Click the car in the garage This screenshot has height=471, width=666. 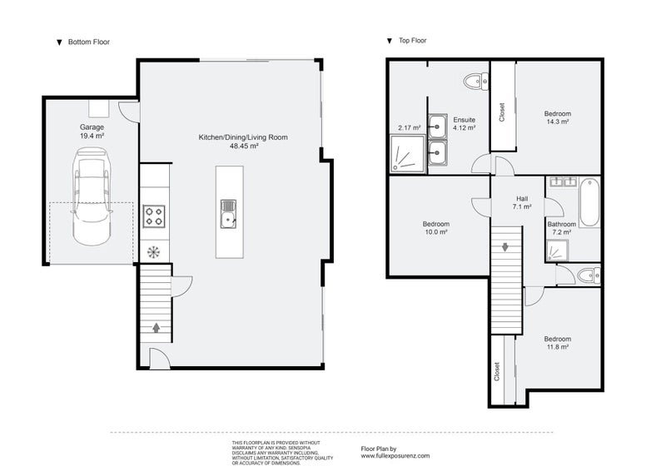[92, 196]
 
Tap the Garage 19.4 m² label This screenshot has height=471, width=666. [92, 131]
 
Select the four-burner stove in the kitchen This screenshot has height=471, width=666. [154, 216]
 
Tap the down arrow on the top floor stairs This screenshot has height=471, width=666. [505, 247]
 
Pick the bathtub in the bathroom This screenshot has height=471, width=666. [589, 202]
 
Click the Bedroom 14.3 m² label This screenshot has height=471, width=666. [558, 117]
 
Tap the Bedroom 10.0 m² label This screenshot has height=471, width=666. [435, 228]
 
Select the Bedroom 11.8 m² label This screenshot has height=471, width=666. [557, 343]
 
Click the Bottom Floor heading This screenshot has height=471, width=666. [88, 42]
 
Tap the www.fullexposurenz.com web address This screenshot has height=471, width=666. [395, 456]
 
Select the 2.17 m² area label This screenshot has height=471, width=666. [410, 128]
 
